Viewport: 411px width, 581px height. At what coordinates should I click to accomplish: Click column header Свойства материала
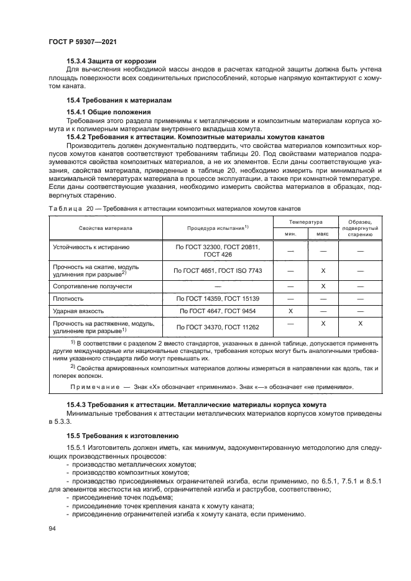(x=105, y=228)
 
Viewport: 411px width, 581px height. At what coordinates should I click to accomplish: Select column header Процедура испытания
(x=218, y=228)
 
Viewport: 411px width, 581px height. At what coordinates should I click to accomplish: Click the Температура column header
(x=305, y=221)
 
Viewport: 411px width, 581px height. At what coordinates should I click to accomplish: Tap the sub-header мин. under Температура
(x=290, y=234)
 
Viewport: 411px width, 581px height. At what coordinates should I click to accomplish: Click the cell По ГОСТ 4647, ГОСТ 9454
(x=217, y=310)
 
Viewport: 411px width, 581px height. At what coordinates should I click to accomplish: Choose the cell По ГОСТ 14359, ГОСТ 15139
(x=217, y=298)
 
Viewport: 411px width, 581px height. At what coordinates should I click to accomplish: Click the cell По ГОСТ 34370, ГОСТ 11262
(x=217, y=326)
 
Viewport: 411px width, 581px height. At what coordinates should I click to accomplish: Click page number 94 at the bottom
(x=52, y=528)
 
